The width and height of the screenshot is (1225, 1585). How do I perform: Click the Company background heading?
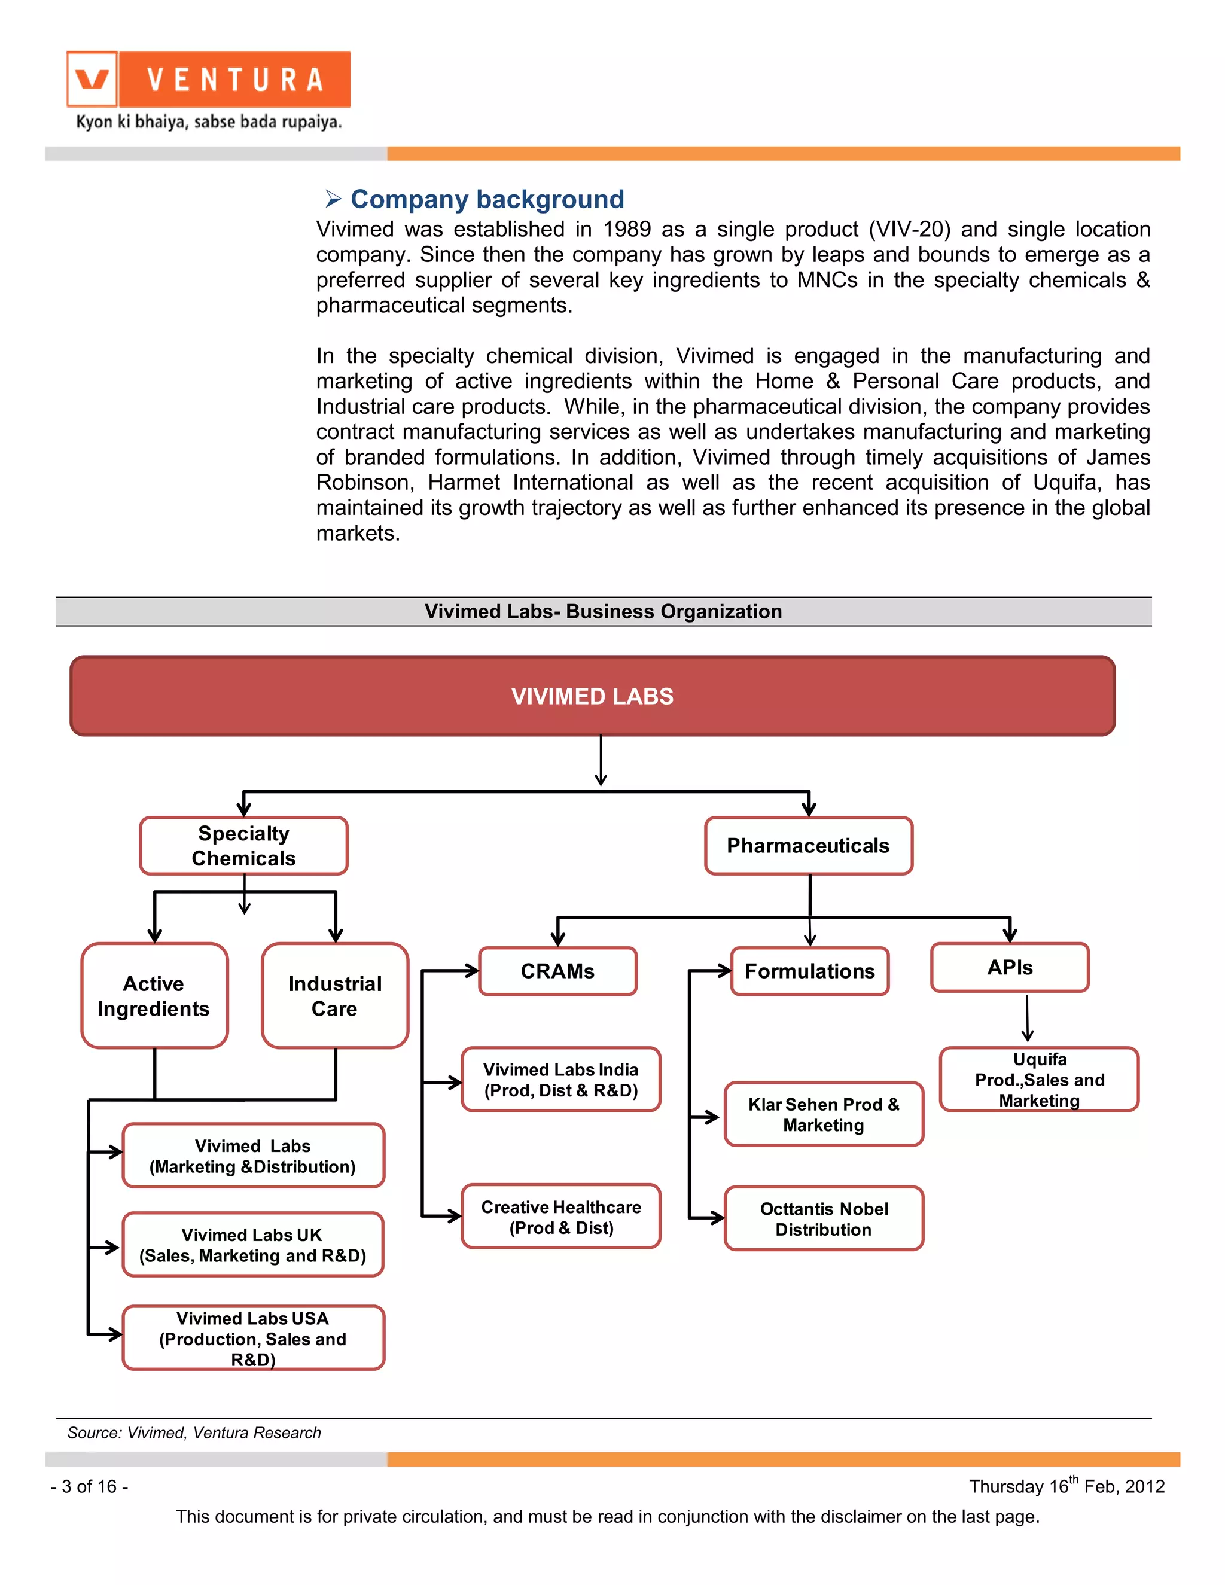(486, 199)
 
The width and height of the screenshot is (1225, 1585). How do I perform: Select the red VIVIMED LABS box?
(592, 696)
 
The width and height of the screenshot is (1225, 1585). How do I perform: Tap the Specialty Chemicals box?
(244, 846)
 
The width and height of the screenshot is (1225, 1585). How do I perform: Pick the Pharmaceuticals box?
(809, 846)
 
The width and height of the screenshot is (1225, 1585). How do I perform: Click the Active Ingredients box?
(154, 996)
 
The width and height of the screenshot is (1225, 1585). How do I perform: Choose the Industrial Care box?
(334, 996)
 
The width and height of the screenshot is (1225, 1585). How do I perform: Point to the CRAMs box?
(557, 971)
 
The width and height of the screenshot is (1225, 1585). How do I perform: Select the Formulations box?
(810, 971)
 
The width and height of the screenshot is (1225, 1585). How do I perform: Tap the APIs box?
(1010, 967)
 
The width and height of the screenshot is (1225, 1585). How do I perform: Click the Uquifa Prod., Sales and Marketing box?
(1039, 1079)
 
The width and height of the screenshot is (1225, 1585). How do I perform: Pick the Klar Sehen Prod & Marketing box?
(824, 1114)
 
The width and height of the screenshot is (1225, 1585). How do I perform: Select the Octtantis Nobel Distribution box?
(824, 1218)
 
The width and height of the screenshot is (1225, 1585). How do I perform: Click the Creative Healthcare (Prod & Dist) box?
(561, 1217)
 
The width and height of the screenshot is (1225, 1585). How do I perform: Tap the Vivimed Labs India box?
(561, 1079)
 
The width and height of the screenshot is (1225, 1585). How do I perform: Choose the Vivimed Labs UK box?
(252, 1245)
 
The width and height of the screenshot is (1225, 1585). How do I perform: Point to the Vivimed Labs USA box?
(252, 1337)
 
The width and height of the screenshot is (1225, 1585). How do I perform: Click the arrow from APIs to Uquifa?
(1027, 1018)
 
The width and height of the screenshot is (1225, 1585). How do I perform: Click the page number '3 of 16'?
(89, 1486)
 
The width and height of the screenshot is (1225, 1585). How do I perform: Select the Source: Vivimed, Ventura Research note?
(194, 1432)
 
